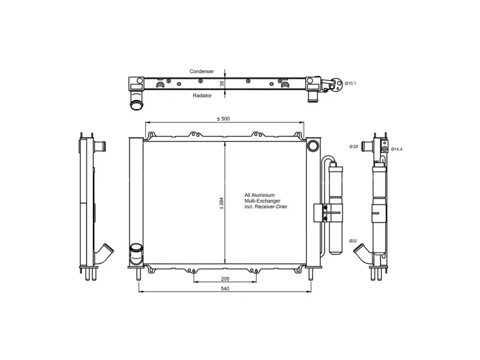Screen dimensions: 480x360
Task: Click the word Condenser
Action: point(202,71)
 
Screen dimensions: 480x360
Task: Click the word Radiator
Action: point(202,95)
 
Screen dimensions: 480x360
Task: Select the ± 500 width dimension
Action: point(223,119)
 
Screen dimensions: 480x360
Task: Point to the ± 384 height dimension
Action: point(221,203)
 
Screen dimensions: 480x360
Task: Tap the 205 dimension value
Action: point(225,279)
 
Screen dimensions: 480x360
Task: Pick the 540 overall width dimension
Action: point(225,289)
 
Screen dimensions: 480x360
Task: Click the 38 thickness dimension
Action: point(222,83)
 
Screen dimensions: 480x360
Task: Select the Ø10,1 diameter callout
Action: point(350,83)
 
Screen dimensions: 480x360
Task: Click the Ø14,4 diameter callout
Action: point(397,149)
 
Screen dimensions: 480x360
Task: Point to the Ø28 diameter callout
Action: point(353,146)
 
